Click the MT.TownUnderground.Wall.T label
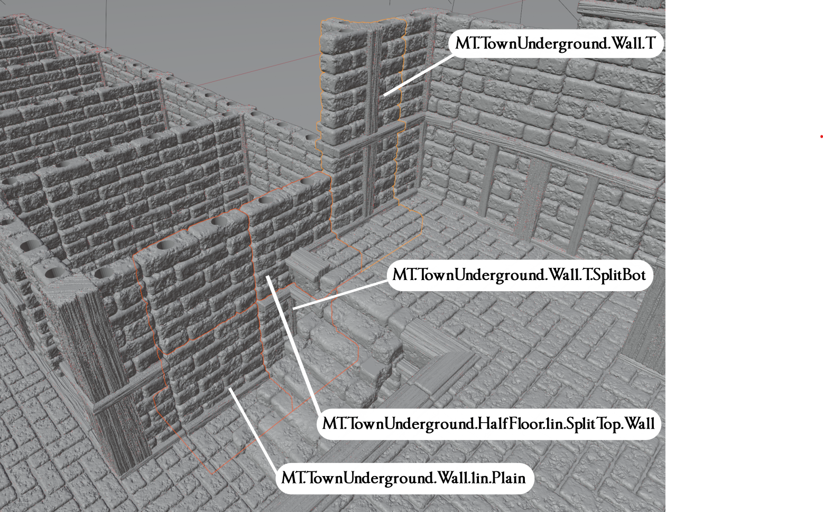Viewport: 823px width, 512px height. [x=555, y=43]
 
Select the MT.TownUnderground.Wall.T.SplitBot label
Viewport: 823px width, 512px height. [x=519, y=275]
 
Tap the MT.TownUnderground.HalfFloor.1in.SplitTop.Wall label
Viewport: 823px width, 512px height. [x=488, y=424]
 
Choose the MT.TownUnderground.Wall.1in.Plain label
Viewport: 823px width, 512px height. [x=404, y=478]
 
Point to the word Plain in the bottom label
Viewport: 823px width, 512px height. [x=508, y=478]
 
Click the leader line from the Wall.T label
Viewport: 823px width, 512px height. [x=418, y=76]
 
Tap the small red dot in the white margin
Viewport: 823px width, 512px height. [x=821, y=137]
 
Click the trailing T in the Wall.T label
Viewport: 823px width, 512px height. [x=650, y=43]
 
